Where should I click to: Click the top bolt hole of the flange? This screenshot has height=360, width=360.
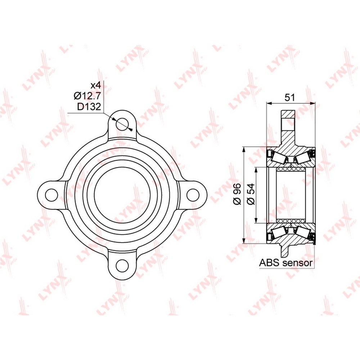[122, 124]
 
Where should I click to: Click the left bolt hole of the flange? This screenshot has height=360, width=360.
[51, 195]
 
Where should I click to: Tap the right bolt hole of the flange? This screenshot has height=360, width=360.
[193, 195]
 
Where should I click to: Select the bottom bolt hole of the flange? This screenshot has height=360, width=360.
[122, 266]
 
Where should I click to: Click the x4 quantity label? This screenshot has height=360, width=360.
[95, 86]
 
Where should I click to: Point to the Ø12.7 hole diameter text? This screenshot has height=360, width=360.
[87, 96]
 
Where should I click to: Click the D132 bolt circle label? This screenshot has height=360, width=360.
[89, 107]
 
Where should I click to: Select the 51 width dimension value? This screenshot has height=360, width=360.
[289, 98]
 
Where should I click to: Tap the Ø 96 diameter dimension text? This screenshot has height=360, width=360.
[237, 194]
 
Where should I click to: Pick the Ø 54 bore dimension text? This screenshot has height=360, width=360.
[252, 194]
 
